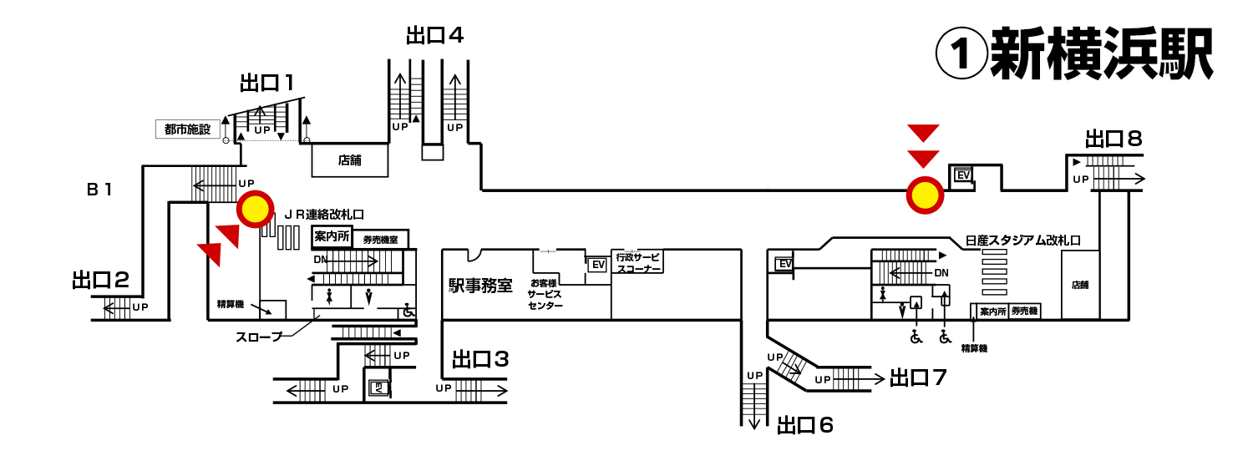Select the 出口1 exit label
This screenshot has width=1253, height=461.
click(x=266, y=83)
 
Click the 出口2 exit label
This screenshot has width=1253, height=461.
click(x=100, y=280)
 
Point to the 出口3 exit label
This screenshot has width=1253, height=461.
click(x=480, y=360)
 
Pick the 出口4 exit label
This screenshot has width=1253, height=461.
click(x=434, y=36)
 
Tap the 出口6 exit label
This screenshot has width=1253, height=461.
click(x=805, y=425)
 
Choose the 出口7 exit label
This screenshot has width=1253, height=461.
click(x=918, y=378)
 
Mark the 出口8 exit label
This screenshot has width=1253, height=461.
click(x=1113, y=139)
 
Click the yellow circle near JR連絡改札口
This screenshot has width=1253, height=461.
click(x=256, y=209)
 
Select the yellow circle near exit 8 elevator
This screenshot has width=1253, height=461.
click(x=925, y=195)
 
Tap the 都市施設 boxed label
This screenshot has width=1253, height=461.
click(x=187, y=129)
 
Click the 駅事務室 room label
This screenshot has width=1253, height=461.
click(x=480, y=286)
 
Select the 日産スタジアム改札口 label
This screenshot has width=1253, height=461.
click(x=1022, y=241)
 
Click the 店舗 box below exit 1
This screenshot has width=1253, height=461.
click(x=350, y=160)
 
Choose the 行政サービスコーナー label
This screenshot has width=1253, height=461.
click(x=638, y=262)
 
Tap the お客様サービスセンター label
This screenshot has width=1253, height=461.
click(x=545, y=295)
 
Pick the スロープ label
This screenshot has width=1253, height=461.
click(x=258, y=337)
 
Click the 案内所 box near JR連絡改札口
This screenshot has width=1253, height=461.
click(x=332, y=237)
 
